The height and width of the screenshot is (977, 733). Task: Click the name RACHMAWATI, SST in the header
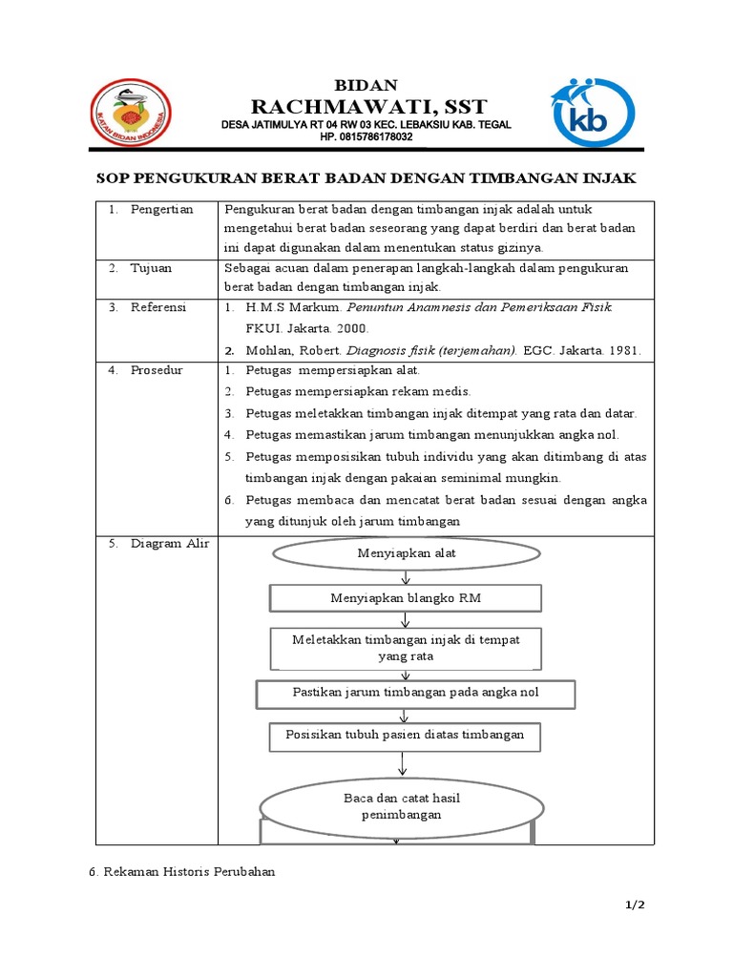pyautogui.click(x=367, y=106)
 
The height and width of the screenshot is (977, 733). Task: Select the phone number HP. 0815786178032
pyautogui.click(x=366, y=137)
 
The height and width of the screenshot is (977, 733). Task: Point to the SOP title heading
pyautogui.click(x=366, y=178)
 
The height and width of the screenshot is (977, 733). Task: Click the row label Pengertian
pyautogui.click(x=161, y=209)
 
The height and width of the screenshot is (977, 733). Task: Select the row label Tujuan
pyautogui.click(x=152, y=268)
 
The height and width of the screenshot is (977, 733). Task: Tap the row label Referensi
pyautogui.click(x=158, y=307)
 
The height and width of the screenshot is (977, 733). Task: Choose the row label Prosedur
pyautogui.click(x=157, y=369)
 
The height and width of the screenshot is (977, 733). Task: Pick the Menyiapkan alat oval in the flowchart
pyautogui.click(x=407, y=553)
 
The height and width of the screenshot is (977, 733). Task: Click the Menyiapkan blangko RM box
pyautogui.click(x=407, y=598)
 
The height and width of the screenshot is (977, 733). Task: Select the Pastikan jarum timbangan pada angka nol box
pyautogui.click(x=415, y=693)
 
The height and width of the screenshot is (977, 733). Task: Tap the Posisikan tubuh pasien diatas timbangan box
pyautogui.click(x=406, y=736)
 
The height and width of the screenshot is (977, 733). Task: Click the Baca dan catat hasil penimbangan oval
pyautogui.click(x=402, y=806)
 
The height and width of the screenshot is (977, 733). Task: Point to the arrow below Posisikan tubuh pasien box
pyautogui.click(x=405, y=763)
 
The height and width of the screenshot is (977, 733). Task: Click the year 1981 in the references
pyautogui.click(x=625, y=350)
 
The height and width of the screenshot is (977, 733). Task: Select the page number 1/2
pyautogui.click(x=634, y=905)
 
